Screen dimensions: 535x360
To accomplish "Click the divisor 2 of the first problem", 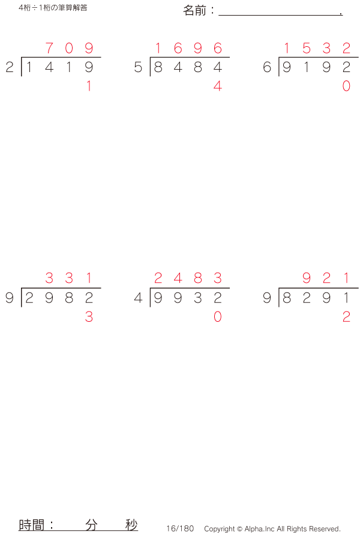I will point(9,67).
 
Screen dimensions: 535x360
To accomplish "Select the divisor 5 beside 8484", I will point(139,67).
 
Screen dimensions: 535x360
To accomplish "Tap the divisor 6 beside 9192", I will point(267,67).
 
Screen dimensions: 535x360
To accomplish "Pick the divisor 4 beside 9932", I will point(139,298).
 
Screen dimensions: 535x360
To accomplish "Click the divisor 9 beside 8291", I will point(267,298).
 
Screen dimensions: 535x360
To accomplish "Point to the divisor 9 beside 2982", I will point(9,298).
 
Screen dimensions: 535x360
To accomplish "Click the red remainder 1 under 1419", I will point(89,86).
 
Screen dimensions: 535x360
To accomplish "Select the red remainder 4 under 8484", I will point(218,86).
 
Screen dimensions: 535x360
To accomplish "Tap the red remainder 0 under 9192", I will point(346,86).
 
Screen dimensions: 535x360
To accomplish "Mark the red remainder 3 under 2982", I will point(89,317).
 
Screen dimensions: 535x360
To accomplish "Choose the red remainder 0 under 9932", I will point(218,317).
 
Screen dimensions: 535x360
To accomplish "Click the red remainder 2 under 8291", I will point(346,317).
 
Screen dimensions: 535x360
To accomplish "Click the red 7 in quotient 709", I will point(49,48).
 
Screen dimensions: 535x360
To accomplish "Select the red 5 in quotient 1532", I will point(307,48).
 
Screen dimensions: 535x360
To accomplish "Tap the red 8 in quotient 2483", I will point(198,279).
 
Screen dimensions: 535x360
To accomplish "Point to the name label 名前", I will point(196,11).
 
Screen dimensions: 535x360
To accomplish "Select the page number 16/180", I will point(180,528).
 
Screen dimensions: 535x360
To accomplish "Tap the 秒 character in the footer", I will point(131,524).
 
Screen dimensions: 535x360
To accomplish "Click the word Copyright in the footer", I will point(220,529).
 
